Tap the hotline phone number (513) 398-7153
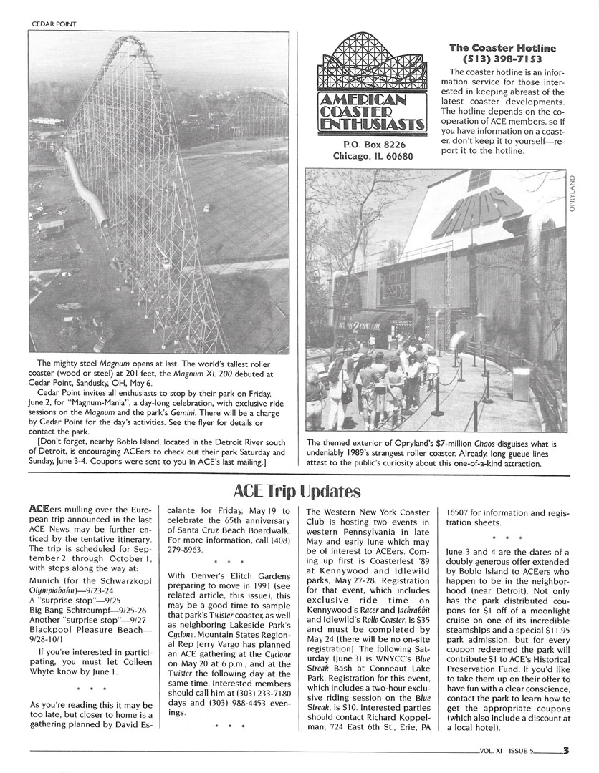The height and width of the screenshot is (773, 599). click(x=502, y=59)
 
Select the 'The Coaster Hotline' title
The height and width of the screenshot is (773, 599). click(x=502, y=48)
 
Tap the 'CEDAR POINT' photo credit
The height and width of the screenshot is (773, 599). click(x=54, y=23)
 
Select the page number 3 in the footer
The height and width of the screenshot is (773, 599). click(x=566, y=750)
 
